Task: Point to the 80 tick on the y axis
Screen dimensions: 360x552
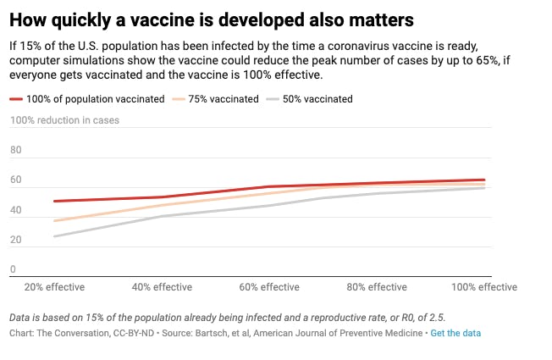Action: [15, 150]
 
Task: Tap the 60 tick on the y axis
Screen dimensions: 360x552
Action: [15, 180]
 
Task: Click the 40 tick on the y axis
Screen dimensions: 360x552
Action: [15, 210]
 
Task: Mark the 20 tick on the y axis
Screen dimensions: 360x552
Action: [15, 240]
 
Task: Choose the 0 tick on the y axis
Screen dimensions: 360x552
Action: [13, 269]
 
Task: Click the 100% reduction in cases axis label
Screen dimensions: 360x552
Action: [64, 120]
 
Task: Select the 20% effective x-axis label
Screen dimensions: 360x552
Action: [55, 287]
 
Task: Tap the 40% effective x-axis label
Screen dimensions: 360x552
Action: [162, 287]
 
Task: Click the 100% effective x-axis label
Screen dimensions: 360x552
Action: [484, 287]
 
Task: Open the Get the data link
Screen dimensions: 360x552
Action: [455, 334]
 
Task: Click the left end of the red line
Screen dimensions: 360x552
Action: [54, 201]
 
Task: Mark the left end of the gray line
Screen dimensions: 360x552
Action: [54, 236]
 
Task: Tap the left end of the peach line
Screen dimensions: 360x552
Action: [54, 221]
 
